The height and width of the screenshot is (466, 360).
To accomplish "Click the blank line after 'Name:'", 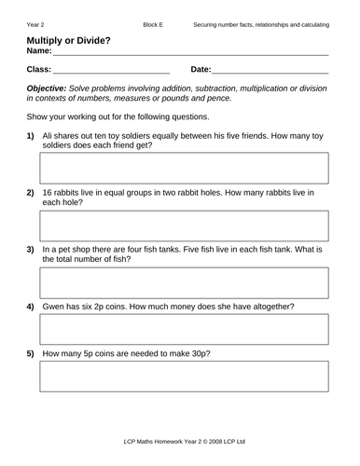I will click(191, 55).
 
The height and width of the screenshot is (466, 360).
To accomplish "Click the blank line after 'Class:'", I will click(111, 71).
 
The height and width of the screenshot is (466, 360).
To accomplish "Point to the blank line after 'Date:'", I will click(270, 71).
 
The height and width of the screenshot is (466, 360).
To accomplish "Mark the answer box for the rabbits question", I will click(183, 225).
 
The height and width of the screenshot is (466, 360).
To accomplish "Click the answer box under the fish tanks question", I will click(183, 281).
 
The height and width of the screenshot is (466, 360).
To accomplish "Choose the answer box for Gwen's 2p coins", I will click(183, 328).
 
